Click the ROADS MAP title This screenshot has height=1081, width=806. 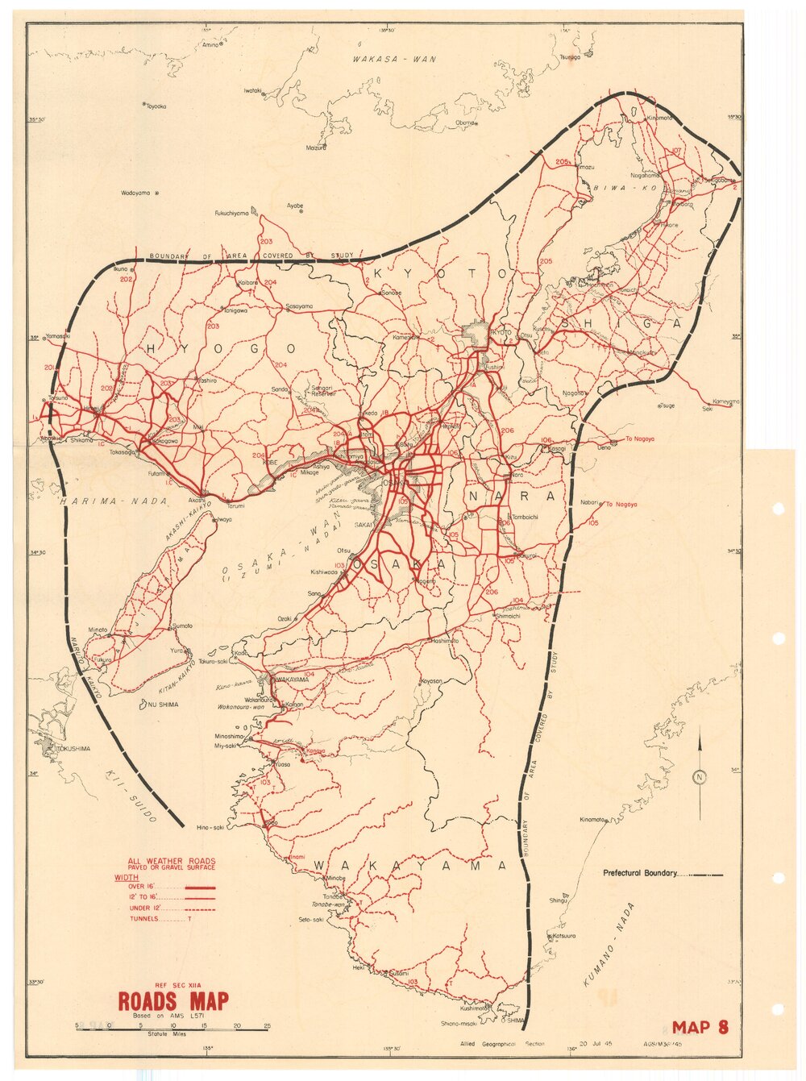[x=172, y=1001]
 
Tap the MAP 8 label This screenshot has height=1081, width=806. [x=700, y=1027]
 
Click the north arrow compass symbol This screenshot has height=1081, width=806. [x=699, y=775]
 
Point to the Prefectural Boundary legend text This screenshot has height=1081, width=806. [x=640, y=873]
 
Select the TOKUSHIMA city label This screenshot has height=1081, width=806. [x=73, y=749]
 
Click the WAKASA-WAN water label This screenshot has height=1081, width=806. [x=393, y=59]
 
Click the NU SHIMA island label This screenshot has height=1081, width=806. [x=164, y=705]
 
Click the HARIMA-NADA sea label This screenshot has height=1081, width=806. [x=113, y=501]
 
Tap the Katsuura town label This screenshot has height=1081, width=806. [x=563, y=936]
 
